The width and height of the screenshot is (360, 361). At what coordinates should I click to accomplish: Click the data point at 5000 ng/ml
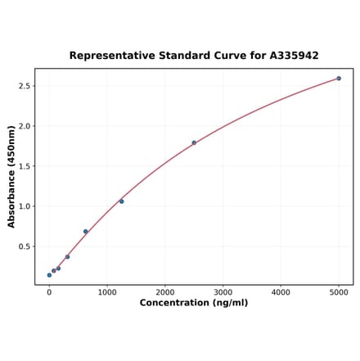339,79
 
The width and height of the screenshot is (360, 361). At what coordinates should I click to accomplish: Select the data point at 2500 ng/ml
194,142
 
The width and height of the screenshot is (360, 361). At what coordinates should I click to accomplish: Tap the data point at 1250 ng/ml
121,201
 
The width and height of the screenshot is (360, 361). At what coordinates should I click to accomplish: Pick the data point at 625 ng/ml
85,232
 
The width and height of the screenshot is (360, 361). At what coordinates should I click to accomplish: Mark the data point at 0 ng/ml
49,275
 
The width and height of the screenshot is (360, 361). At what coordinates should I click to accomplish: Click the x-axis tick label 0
49,291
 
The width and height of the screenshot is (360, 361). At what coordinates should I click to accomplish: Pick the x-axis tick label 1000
107,291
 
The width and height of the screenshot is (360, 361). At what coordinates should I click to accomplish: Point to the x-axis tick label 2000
165,291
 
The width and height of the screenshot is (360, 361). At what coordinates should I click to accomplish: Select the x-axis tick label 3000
223,291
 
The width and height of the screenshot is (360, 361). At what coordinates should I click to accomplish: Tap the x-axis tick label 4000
281,291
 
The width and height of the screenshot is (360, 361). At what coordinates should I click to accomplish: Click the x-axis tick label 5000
339,291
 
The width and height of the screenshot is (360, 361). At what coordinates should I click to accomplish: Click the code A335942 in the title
290,56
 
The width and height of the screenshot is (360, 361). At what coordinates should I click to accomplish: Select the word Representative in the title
108,56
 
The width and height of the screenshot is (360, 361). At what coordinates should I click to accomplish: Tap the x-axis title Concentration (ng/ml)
194,303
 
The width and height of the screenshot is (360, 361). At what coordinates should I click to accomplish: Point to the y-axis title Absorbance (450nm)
11,177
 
